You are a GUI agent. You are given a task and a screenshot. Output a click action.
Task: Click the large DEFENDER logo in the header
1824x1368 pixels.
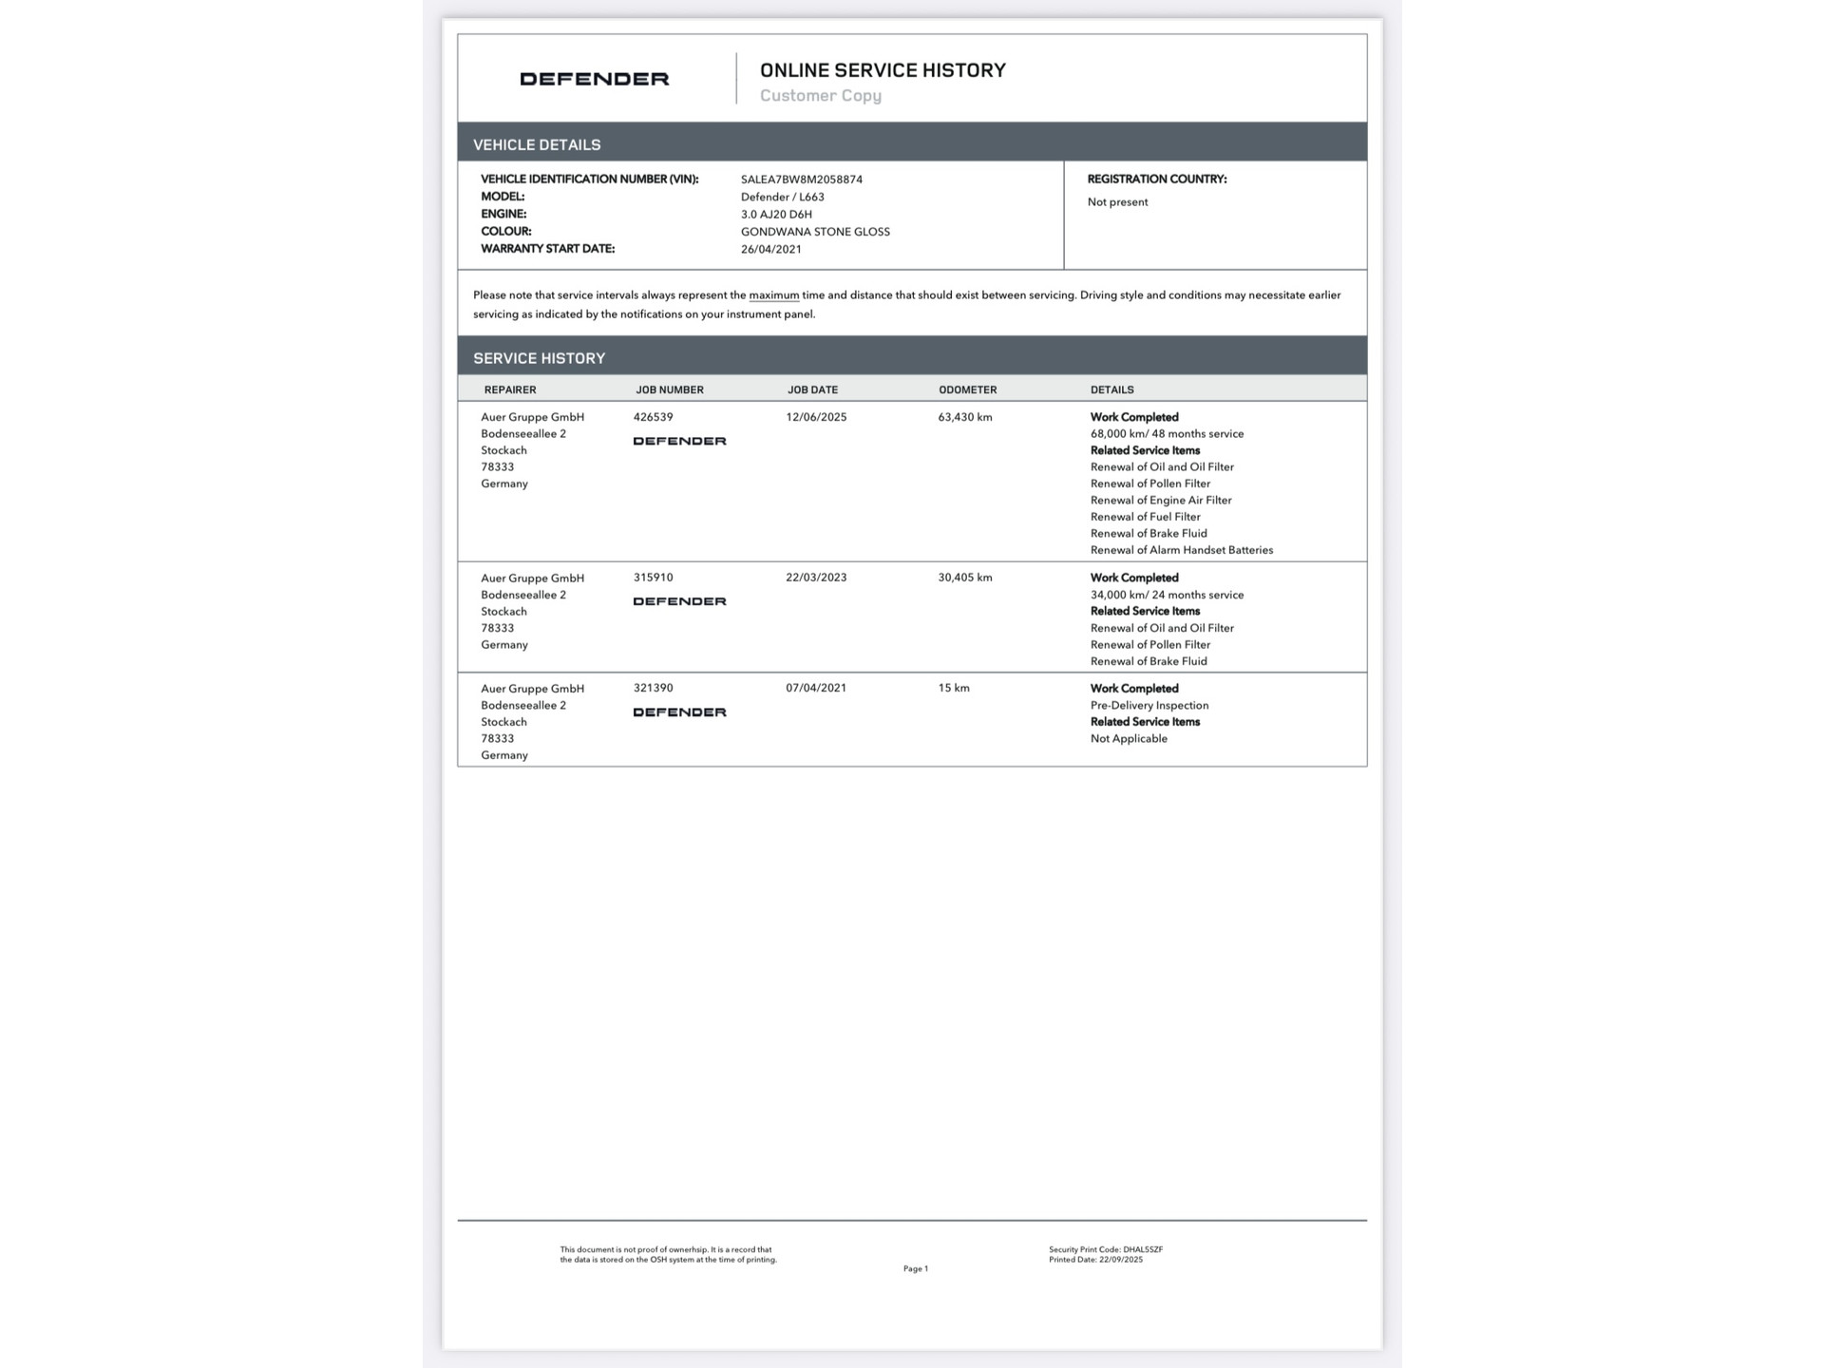(x=594, y=79)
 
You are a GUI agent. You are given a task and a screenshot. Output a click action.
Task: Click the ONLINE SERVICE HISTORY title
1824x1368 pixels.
(x=883, y=70)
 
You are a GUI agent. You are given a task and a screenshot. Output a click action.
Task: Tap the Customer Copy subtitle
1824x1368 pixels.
(x=821, y=95)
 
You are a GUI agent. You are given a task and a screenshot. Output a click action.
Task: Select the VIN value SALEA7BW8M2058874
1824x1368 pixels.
(x=801, y=180)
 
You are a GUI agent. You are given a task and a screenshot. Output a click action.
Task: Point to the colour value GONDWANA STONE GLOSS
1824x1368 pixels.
(x=815, y=232)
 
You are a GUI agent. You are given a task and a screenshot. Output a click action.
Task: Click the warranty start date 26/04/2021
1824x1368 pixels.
(x=770, y=249)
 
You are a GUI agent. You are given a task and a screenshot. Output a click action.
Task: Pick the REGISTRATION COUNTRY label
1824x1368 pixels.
(x=1156, y=179)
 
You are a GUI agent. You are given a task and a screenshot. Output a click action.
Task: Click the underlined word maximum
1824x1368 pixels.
(x=773, y=295)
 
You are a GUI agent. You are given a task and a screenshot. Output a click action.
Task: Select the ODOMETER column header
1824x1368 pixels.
(x=967, y=389)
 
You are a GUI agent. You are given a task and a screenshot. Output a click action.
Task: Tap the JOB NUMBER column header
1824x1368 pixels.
(x=670, y=389)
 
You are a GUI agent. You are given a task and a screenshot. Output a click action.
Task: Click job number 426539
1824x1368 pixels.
(x=653, y=417)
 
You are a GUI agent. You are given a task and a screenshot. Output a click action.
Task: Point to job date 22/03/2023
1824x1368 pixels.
(x=816, y=578)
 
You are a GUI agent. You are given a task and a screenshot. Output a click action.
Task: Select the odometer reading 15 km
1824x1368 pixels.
(x=954, y=688)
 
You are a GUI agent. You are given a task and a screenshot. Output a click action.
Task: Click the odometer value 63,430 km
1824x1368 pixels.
(x=964, y=417)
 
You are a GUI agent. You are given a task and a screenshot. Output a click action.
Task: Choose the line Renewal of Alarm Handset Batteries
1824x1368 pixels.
(x=1181, y=550)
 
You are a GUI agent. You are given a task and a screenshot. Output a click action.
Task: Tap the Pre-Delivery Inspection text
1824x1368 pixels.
(x=1149, y=705)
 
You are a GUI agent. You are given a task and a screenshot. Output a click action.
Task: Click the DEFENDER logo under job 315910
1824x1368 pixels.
(x=679, y=601)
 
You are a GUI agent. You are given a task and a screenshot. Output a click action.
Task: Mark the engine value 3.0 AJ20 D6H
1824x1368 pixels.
(x=776, y=215)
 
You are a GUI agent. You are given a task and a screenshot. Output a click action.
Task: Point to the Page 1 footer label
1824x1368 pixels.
(x=915, y=1268)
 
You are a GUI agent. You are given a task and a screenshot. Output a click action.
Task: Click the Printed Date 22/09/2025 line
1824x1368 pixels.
(x=1095, y=1260)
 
